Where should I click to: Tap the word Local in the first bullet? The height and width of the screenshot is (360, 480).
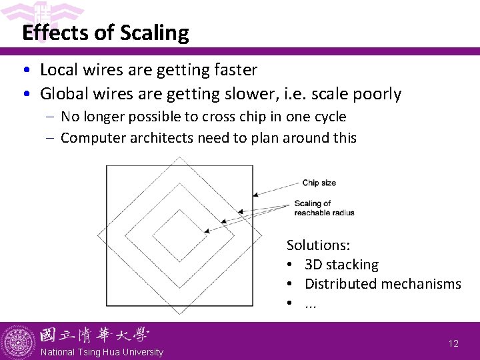pos(59,69)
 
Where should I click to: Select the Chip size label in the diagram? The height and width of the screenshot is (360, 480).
pos(319,183)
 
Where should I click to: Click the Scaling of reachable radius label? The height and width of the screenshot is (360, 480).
pos(323,208)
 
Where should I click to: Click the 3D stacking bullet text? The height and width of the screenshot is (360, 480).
pos(341,265)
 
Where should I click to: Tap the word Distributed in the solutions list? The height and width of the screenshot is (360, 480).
pos(341,284)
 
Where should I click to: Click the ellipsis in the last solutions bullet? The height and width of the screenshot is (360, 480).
pos(310,304)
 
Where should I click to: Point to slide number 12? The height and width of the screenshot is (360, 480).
pos(453,343)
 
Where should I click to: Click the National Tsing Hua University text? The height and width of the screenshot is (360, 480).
pos(101,352)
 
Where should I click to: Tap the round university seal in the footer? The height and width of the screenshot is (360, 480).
pos(18,341)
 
